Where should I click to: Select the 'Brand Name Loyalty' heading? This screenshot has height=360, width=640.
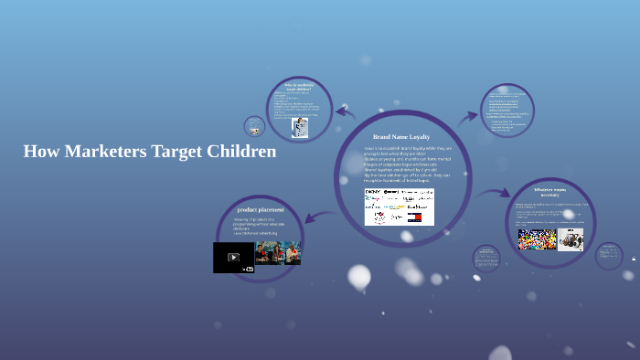pos(401,136)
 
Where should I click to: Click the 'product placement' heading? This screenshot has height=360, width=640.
pos(261,210)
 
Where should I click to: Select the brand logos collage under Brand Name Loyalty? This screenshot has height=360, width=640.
pos(400,206)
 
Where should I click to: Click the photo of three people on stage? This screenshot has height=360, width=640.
pos(278,253)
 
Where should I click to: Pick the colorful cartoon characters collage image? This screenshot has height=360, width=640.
pos(537,239)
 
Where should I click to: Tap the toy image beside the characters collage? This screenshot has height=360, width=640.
pos(571,239)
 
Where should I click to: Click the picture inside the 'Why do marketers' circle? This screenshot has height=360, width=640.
pos(299,127)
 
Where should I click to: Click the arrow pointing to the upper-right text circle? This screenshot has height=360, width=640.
pos(469,116)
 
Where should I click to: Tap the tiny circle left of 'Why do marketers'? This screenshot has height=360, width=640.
pos(253,126)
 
